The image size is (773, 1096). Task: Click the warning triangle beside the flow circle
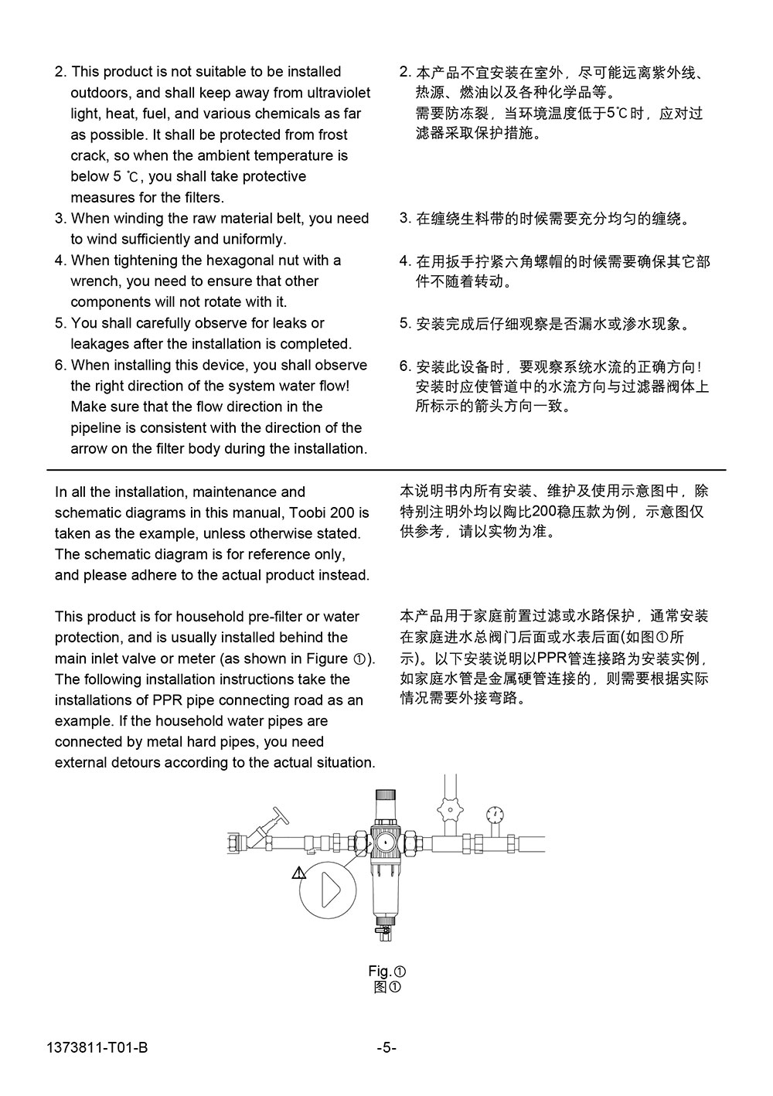tap(299, 873)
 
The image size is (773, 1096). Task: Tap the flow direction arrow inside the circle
tap(330, 890)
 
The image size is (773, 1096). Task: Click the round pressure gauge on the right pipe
tap(495, 813)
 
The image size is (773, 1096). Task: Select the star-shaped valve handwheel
tap(448, 811)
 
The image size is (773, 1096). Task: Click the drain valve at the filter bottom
tap(382, 931)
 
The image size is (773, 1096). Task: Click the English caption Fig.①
tap(386, 972)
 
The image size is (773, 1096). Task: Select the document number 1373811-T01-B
tap(97, 1049)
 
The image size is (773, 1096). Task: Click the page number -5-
tap(386, 1049)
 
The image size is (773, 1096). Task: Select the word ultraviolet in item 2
tap(338, 93)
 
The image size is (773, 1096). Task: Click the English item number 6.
tap(60, 365)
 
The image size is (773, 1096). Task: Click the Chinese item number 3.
tap(404, 218)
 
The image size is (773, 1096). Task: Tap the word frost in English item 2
tap(332, 134)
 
